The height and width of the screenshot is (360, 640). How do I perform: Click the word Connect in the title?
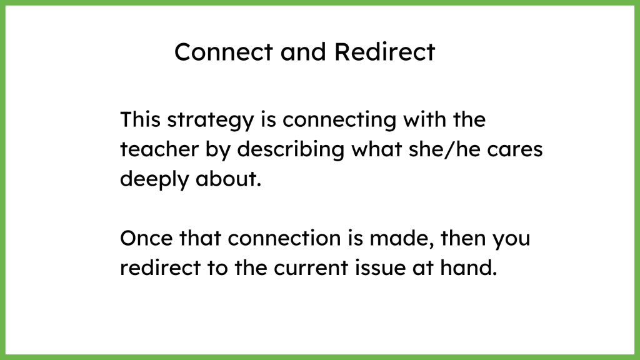click(224, 52)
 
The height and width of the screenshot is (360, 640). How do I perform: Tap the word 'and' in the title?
click(303, 52)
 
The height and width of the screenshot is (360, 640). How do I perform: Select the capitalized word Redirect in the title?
click(385, 52)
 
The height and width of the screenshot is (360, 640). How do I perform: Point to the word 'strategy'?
click(211, 121)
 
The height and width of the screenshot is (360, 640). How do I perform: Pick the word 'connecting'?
click(339, 121)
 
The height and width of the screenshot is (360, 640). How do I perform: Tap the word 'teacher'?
click(159, 149)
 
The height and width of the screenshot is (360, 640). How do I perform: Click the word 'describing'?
click(291, 150)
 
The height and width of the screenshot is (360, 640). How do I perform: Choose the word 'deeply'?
click(154, 180)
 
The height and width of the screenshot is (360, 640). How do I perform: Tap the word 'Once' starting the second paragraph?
click(146, 238)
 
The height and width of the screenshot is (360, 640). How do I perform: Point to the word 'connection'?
click(284, 238)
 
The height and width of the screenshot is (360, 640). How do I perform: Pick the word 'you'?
click(511, 240)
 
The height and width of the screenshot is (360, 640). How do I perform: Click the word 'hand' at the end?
click(466, 267)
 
